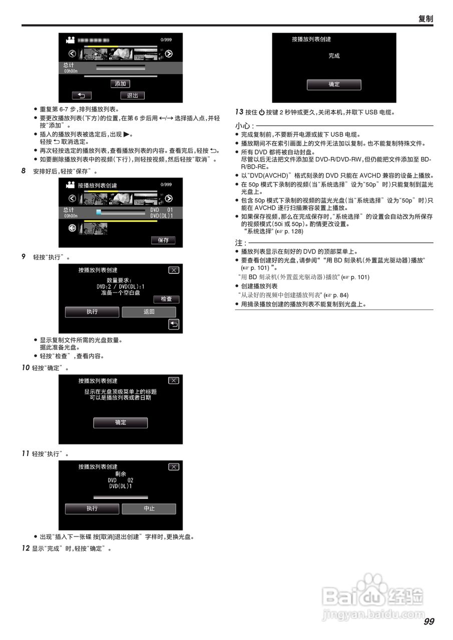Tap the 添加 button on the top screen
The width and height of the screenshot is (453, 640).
120,83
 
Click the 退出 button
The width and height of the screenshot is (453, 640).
132,95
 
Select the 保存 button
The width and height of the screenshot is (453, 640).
163,240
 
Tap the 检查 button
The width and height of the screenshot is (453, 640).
166,299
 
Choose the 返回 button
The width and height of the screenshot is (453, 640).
149,312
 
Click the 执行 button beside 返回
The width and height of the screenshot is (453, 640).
92,312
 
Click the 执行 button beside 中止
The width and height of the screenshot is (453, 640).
92,508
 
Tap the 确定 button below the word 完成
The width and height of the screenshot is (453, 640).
334,84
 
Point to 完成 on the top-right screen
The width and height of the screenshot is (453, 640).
334,56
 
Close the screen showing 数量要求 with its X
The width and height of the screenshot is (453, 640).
173,270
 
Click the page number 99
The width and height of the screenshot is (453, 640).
428,621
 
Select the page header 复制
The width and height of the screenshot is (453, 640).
425,19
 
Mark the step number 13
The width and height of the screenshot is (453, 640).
239,112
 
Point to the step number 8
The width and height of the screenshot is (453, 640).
24,171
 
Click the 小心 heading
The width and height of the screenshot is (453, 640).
244,125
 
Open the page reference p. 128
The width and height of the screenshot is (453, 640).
292,231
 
